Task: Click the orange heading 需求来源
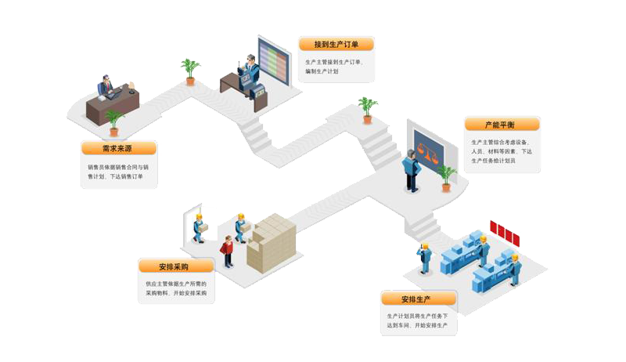[118, 148]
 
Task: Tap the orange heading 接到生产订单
[336, 44]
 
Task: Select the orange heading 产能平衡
[500, 125]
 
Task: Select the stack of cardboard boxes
[272, 241]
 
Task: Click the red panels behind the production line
[505, 232]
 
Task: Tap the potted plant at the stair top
[367, 109]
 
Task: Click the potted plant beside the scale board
[446, 177]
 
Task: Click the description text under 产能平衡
[502, 151]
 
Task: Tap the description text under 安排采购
[176, 288]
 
